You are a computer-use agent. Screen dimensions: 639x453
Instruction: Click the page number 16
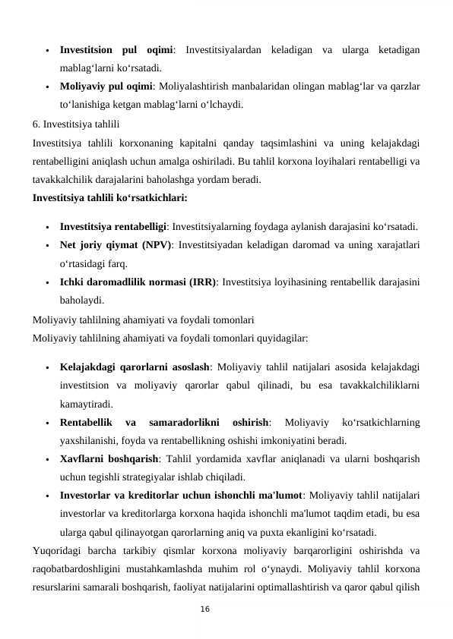point(204,609)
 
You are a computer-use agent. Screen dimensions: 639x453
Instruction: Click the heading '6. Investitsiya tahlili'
point(75,123)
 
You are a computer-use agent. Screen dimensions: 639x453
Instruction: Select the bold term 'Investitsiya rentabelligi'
point(112,227)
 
